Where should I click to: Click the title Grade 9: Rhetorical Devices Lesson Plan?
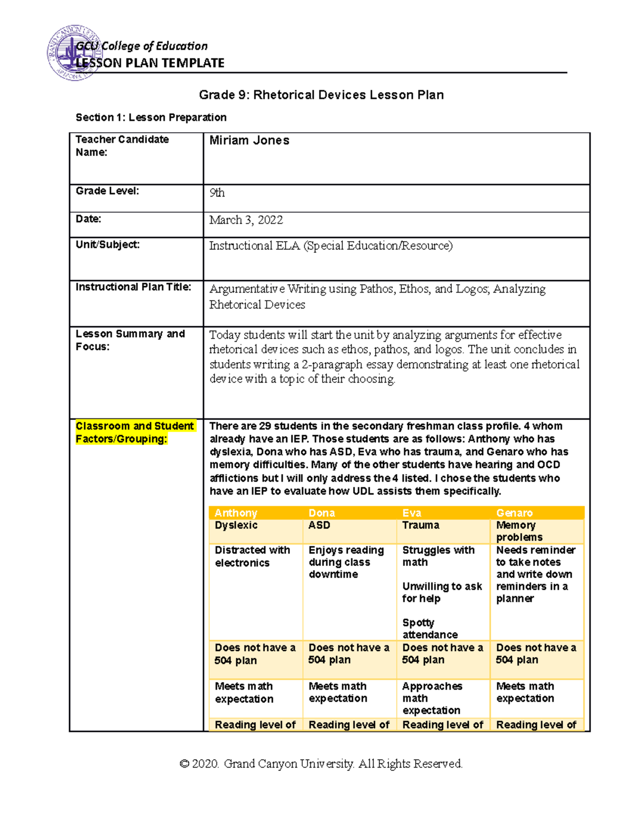click(x=321, y=95)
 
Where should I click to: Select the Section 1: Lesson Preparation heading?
click(x=151, y=117)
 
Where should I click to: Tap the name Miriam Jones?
click(x=249, y=140)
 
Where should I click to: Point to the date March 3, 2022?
click(x=246, y=220)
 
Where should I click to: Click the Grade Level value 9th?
click(x=217, y=193)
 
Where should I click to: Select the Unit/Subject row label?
click(x=108, y=245)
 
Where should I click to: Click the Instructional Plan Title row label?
click(x=133, y=287)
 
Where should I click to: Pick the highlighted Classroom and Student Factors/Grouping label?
click(x=134, y=432)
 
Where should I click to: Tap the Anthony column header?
click(x=236, y=513)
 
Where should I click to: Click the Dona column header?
click(x=322, y=513)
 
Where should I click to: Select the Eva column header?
click(x=412, y=513)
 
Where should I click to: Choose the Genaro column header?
click(x=514, y=513)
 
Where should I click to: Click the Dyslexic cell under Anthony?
click(x=236, y=525)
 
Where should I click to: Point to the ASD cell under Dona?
click(x=319, y=525)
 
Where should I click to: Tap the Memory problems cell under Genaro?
click(x=519, y=531)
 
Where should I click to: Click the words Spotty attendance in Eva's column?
click(x=430, y=628)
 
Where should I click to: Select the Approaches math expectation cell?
click(x=432, y=698)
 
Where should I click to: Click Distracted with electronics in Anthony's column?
click(x=252, y=556)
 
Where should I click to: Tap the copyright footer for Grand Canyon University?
click(x=321, y=763)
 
